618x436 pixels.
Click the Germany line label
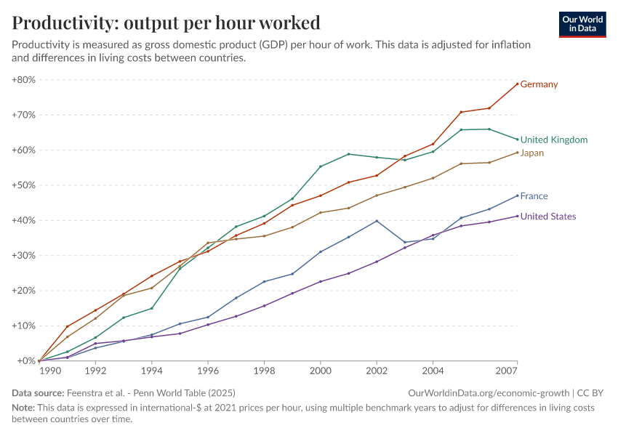tap(539, 84)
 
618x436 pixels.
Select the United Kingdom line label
tap(554, 140)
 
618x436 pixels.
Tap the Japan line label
tap(532, 153)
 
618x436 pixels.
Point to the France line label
tap(534, 196)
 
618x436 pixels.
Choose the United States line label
tap(548, 217)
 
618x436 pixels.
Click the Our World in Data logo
tap(582, 24)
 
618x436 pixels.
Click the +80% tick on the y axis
tap(24, 80)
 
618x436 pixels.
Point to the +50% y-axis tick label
tap(24, 185)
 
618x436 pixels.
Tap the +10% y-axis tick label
tap(24, 326)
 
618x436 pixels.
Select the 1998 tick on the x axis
tap(264, 371)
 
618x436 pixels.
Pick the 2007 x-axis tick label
tap(506, 371)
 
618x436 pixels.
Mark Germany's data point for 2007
tap(517, 84)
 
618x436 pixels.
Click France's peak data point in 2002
tap(377, 221)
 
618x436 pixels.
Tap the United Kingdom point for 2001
tap(348, 154)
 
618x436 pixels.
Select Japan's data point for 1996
tap(208, 243)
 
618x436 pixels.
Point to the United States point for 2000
tap(321, 281)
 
